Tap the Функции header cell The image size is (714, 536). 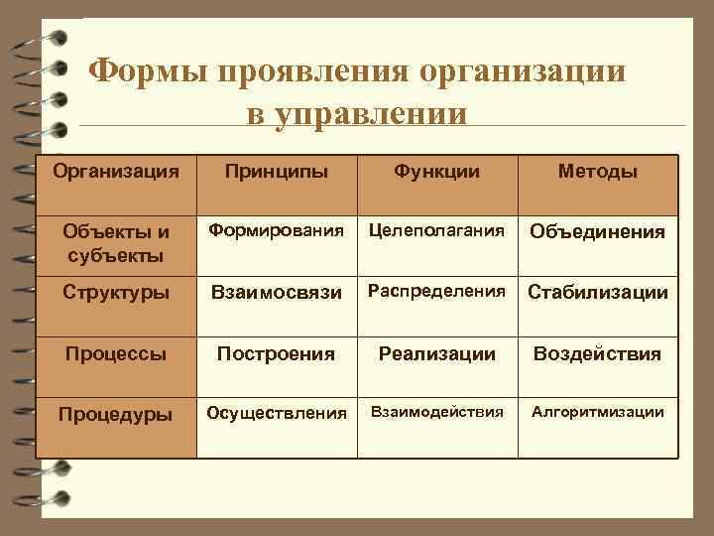(x=436, y=172)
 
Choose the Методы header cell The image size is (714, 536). (x=597, y=172)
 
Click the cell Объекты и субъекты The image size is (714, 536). (x=116, y=243)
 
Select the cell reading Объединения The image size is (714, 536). (x=597, y=231)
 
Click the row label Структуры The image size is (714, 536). (x=116, y=293)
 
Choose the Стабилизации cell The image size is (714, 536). (x=597, y=293)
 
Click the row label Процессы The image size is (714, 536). (x=116, y=353)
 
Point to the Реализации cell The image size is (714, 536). (x=436, y=353)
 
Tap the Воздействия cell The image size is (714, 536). (x=597, y=353)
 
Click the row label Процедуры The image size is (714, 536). (x=116, y=412)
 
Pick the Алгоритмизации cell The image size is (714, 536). (x=597, y=411)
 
